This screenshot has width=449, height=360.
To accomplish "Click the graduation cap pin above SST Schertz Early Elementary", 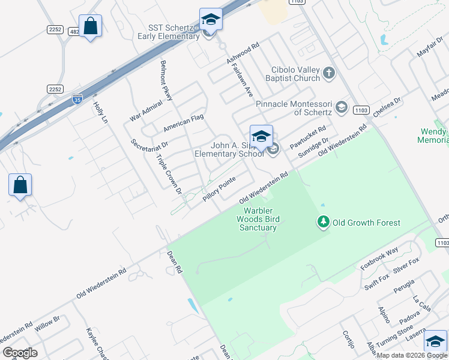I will [x=211, y=19].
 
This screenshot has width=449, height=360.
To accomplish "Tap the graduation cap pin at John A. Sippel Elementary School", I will [x=261, y=137].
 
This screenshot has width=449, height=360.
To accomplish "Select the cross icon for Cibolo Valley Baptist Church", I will [x=328, y=74].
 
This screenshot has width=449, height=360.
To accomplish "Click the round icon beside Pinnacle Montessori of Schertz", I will [x=342, y=107].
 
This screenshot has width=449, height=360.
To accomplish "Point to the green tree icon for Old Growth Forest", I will [x=324, y=223].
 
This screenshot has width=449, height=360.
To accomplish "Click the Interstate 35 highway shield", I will [x=77, y=97].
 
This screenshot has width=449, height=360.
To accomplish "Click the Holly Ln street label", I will [x=100, y=112].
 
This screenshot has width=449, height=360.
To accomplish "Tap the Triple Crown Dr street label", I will [x=169, y=175].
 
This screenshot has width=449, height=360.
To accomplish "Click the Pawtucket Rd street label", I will [x=308, y=137].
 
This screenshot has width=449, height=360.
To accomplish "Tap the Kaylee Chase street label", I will [x=95, y=343].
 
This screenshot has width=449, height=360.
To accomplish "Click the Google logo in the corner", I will [x=20, y=352].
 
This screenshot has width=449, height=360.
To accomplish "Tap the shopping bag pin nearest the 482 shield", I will [x=90, y=26].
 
